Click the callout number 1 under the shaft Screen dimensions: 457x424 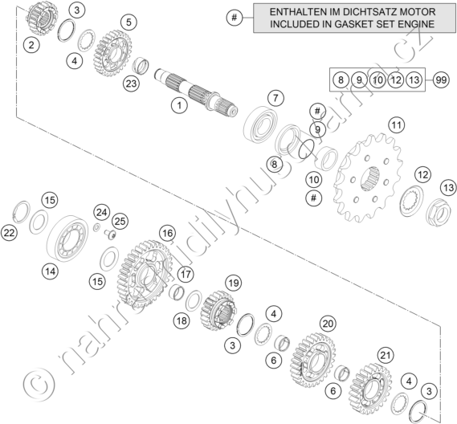(x=179, y=105)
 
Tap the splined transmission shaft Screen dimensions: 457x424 (x=196, y=90)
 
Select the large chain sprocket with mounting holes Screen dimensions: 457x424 (x=368, y=177)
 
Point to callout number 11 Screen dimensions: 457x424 (x=397, y=125)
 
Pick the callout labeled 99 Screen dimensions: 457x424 (x=441, y=79)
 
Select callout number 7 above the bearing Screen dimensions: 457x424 (x=275, y=98)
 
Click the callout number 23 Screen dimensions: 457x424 (x=131, y=84)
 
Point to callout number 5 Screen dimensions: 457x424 (x=129, y=22)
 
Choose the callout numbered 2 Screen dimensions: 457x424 (x=31, y=45)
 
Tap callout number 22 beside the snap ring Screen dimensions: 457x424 (x=10, y=233)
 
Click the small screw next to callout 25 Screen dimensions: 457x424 (x=110, y=234)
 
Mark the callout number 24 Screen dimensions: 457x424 (x=101, y=213)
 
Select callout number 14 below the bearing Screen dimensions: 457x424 (x=50, y=271)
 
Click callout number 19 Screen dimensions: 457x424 (x=234, y=283)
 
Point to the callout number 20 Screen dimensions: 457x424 (x=328, y=324)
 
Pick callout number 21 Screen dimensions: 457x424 (x=386, y=356)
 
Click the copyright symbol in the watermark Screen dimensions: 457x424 (x=39, y=385)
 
